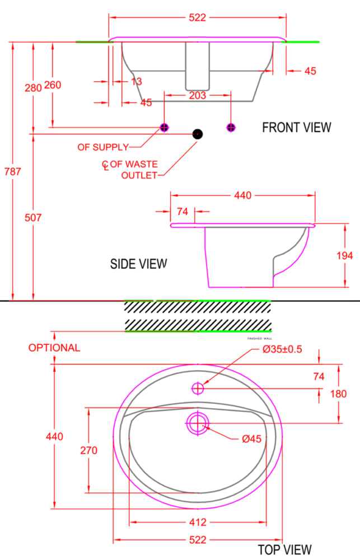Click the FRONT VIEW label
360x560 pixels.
(x=296, y=128)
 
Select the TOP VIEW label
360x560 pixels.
(x=284, y=549)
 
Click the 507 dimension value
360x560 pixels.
(x=34, y=218)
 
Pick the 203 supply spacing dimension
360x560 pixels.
(x=197, y=95)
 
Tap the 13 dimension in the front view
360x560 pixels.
(x=136, y=82)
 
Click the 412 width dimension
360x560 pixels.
(x=198, y=522)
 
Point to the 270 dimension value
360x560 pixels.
(x=88, y=450)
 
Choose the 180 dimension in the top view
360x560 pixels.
(x=339, y=394)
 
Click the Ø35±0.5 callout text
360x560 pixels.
(x=282, y=349)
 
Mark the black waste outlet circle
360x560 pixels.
(x=197, y=134)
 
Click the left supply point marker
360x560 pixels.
(x=164, y=127)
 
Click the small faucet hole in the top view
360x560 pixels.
(x=198, y=388)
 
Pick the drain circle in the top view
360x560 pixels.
(x=198, y=424)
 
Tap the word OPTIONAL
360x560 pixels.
(x=54, y=348)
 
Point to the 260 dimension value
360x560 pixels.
(x=52, y=85)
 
